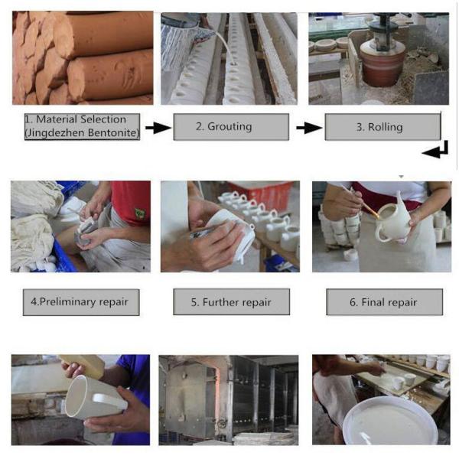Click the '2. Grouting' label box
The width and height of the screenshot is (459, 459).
tap(231, 127)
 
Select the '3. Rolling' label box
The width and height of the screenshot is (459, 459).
tap(382, 127)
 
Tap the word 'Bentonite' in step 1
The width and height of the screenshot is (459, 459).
tap(113, 133)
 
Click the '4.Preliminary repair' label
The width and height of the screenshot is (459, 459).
tap(81, 302)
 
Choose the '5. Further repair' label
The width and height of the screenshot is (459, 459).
tap(232, 302)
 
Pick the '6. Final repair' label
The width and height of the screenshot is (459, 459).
tap(384, 302)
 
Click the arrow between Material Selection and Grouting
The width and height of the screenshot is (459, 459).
tap(158, 128)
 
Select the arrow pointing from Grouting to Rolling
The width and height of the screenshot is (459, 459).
tap(309, 128)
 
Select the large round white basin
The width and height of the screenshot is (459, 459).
tap(390, 421)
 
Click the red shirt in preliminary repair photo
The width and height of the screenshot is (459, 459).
tap(132, 201)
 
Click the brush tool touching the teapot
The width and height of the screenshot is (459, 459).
tap(362, 203)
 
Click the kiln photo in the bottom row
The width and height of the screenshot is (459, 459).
tap(229, 400)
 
